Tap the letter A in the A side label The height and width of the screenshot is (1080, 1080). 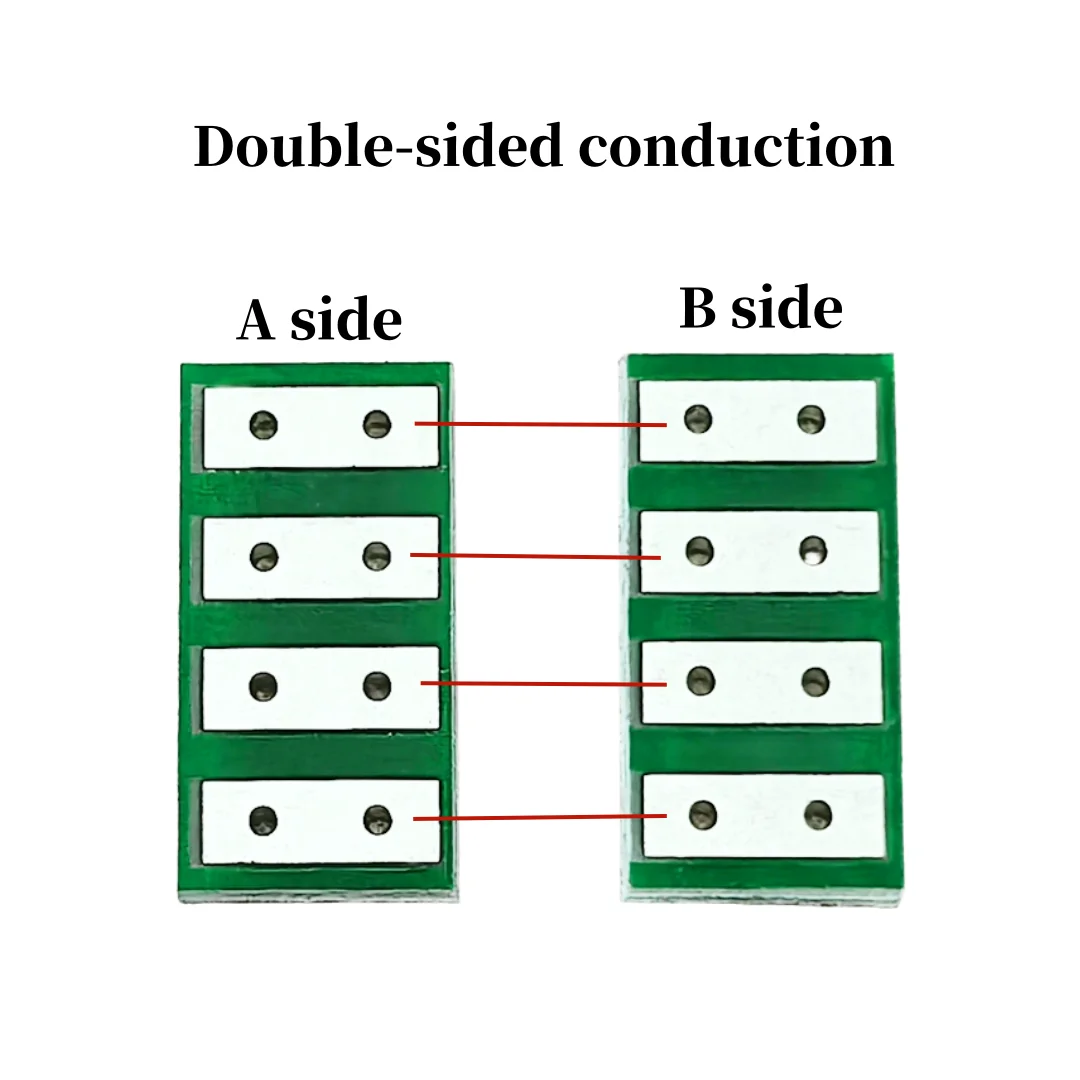pyautogui.click(x=256, y=320)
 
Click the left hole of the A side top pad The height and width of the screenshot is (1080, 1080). pyautogui.click(x=264, y=425)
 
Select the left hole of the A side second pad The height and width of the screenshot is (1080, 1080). pyautogui.click(x=264, y=556)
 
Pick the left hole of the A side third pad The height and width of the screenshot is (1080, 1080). pyautogui.click(x=264, y=686)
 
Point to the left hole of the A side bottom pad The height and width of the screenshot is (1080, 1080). pyautogui.click(x=265, y=821)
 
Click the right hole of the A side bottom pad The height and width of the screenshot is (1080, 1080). pyautogui.click(x=378, y=821)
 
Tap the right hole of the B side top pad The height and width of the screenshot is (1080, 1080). pyautogui.click(x=811, y=420)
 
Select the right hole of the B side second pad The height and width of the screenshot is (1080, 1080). pyautogui.click(x=813, y=549)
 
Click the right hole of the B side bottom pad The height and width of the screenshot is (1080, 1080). pyautogui.click(x=817, y=815)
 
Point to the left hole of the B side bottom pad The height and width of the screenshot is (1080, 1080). pyautogui.click(x=704, y=815)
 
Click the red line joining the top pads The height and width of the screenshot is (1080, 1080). pyautogui.click(x=540, y=424)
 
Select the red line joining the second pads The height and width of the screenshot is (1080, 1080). pyautogui.click(x=535, y=556)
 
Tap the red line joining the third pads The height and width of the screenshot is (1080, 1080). pyautogui.click(x=543, y=684)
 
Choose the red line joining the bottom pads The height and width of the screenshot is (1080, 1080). pyautogui.click(x=540, y=818)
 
